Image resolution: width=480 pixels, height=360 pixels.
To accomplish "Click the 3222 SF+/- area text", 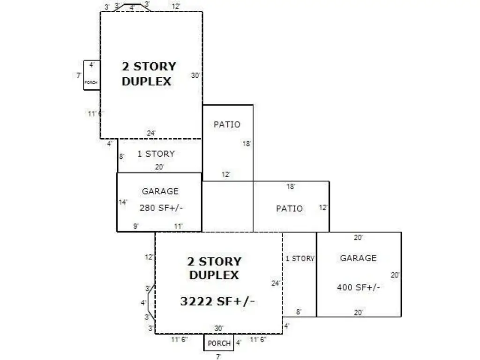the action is pyautogui.click(x=217, y=301).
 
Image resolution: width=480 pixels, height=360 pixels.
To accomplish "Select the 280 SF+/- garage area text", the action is pyautogui.click(x=161, y=208).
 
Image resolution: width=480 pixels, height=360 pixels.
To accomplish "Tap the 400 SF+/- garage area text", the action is pyautogui.click(x=359, y=287).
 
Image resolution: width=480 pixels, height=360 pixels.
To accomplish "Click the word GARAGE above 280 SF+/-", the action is pyautogui.click(x=160, y=191).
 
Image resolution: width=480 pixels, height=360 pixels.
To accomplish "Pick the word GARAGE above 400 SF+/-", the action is pyautogui.click(x=358, y=258).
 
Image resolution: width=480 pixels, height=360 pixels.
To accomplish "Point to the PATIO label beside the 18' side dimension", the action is pyautogui.click(x=227, y=125).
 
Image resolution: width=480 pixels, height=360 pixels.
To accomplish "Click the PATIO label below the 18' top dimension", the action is pyautogui.click(x=289, y=209).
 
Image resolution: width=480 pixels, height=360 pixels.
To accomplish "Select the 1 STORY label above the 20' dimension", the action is pyautogui.click(x=156, y=154).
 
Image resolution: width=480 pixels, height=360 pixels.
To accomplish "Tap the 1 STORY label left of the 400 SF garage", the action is pyautogui.click(x=300, y=259).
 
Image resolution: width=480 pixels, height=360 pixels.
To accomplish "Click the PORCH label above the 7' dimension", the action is pyautogui.click(x=219, y=344).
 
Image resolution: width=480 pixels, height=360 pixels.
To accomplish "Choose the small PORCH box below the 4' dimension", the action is pyautogui.click(x=92, y=75).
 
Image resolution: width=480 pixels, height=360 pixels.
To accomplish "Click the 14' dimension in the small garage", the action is pyautogui.click(x=123, y=202).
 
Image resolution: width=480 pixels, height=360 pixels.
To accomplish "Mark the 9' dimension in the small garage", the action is pyautogui.click(x=136, y=226).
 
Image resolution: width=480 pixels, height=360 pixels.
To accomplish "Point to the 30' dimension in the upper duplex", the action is pyautogui.click(x=195, y=75).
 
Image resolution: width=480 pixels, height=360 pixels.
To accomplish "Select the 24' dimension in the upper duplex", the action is pyautogui.click(x=151, y=133).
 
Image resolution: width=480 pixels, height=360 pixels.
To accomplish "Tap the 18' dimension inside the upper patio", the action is pyautogui.click(x=247, y=143).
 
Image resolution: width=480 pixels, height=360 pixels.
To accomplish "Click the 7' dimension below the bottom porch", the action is pyautogui.click(x=218, y=356).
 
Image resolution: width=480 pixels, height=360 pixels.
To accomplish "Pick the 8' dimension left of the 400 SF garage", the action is pyautogui.click(x=299, y=312).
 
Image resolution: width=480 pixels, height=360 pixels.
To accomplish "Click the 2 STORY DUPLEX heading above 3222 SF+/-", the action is pyautogui.click(x=214, y=268).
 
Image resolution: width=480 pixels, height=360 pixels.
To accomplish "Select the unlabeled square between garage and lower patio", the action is pyautogui.click(x=227, y=206).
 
